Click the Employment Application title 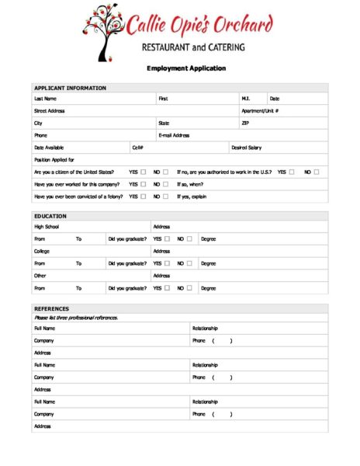pos(186,68)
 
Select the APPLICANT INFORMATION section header pos(71,88)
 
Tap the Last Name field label pos(45,99)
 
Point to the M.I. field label pos(245,99)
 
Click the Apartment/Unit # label pos(260,111)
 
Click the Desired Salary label pos(246,148)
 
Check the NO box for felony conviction pos(165,196)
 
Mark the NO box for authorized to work pos(317,172)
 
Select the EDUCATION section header pos(50,215)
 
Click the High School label pos(47,227)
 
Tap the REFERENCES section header pos(52,308)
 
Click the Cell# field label pos(137,148)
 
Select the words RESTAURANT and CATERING pos(193,47)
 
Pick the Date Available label pos(49,148)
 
